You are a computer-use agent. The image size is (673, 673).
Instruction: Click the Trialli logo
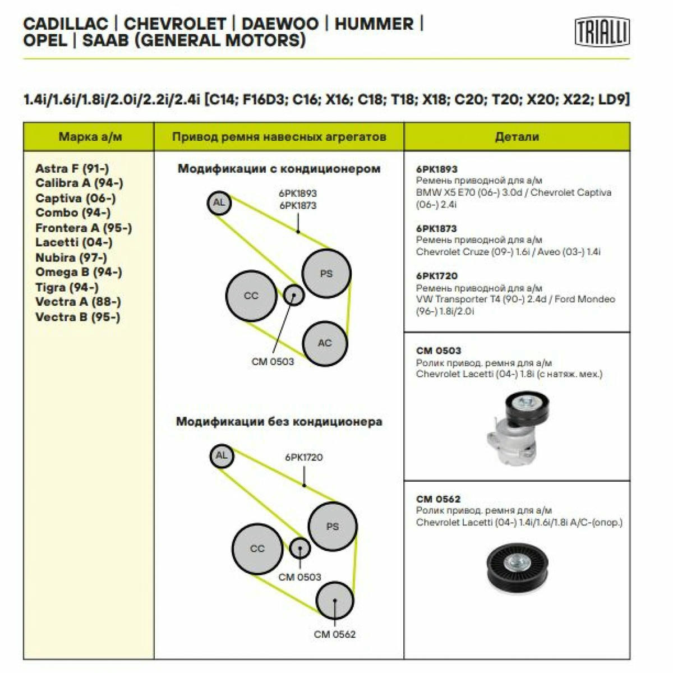point(602,32)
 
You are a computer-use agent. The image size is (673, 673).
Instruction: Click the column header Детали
point(517,136)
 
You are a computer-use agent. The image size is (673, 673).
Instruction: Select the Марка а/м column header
point(90,136)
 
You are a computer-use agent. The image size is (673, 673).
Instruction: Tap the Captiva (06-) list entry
point(76,198)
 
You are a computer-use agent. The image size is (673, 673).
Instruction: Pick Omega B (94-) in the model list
point(79,271)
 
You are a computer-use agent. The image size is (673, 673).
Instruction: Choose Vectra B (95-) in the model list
point(77,317)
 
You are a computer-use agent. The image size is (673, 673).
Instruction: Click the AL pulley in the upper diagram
point(219,203)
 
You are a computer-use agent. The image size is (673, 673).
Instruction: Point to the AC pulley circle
point(325,343)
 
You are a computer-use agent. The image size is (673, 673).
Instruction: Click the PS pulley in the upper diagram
point(326,273)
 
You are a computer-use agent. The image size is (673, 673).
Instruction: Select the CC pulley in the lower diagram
point(257,549)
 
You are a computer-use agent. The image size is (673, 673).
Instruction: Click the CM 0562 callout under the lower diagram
point(335,634)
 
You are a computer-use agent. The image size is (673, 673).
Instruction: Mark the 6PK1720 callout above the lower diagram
point(304,457)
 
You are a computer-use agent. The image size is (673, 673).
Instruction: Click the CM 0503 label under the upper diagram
point(273,362)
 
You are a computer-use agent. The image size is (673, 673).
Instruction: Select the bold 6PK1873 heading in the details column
point(436,228)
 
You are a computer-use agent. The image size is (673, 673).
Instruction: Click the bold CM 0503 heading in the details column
point(439,351)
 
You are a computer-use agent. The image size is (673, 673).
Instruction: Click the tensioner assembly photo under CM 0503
point(518,427)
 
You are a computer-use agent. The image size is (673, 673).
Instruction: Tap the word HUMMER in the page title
point(374,24)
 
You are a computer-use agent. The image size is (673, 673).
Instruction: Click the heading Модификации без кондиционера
point(279,422)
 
